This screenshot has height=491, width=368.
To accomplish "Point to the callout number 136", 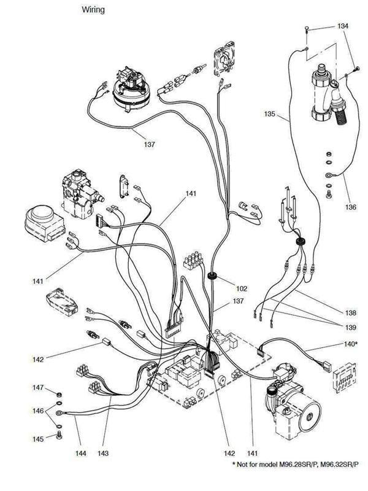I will [350, 207].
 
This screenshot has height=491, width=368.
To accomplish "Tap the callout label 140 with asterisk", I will [350, 344].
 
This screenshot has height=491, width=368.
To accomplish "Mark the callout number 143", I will [103, 454].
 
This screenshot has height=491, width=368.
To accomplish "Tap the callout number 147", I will [38, 389].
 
